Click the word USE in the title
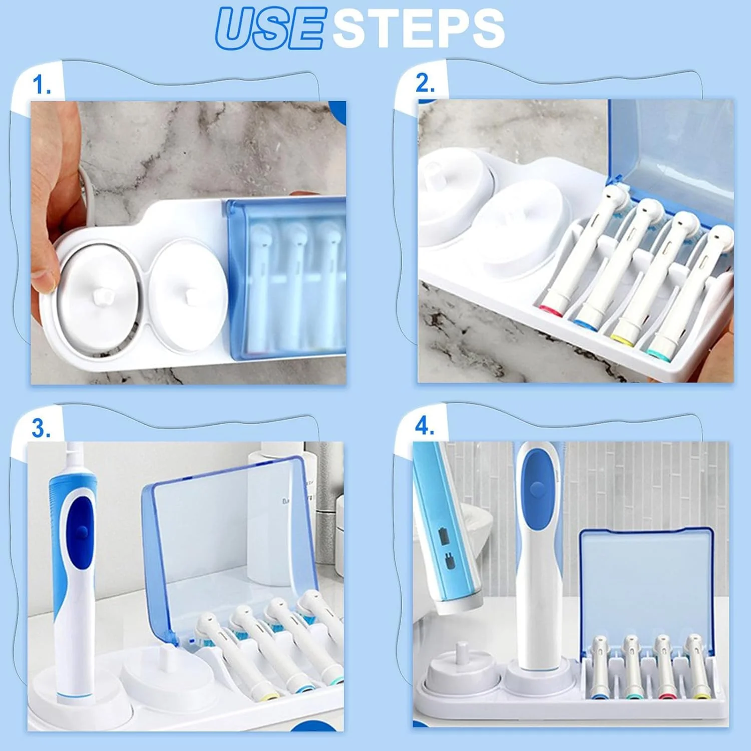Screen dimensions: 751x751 269,29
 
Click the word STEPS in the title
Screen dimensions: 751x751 418,29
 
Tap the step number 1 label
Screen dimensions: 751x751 42,85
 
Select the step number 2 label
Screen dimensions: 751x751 425,83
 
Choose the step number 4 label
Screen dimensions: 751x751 425,427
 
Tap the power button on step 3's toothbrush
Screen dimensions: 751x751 83,532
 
